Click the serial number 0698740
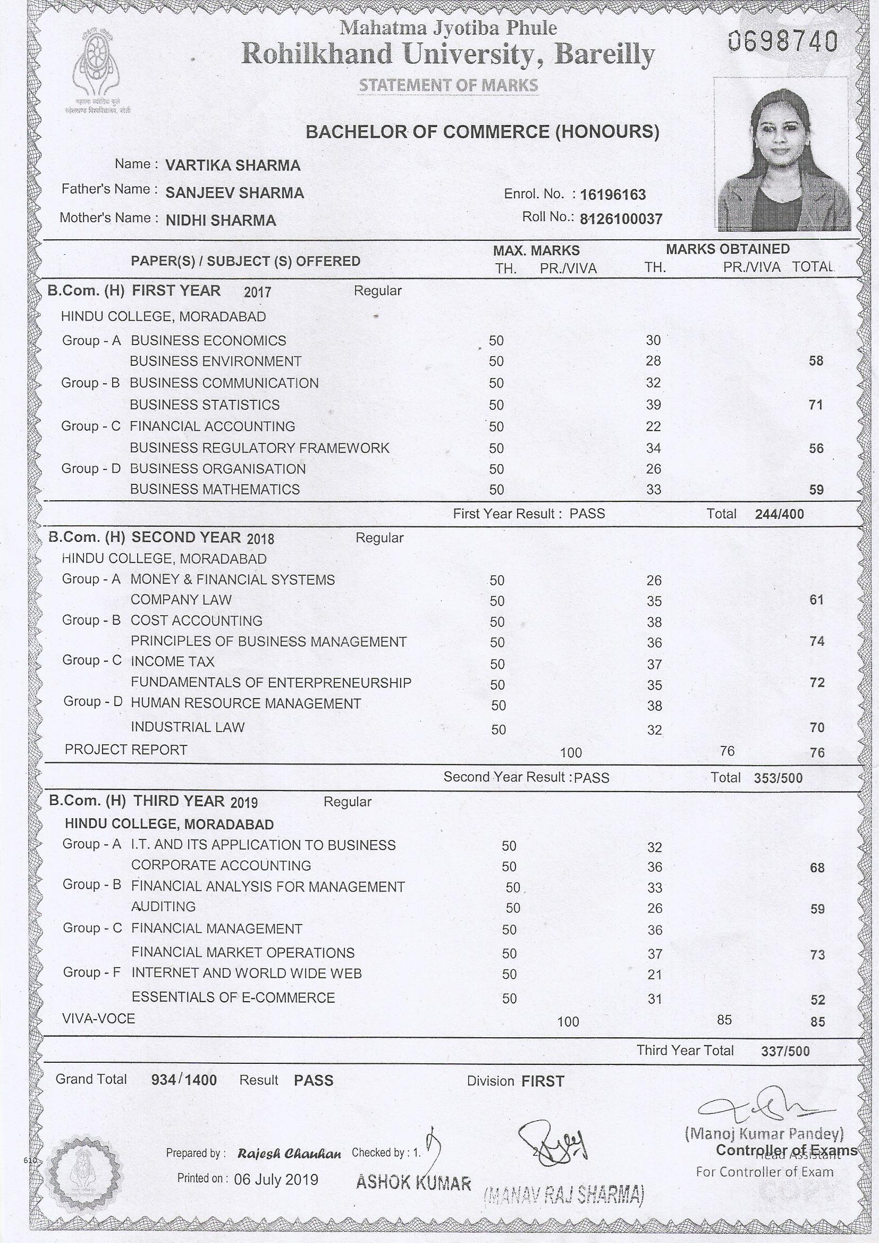point(783,41)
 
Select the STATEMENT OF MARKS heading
point(449,85)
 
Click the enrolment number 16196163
point(613,195)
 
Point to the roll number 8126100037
point(621,219)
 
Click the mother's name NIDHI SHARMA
point(221,220)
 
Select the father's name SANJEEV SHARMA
point(234,193)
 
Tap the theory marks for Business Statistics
point(653,405)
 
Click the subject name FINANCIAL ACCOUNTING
point(212,426)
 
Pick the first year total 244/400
point(779,514)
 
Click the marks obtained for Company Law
point(654,601)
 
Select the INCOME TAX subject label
point(173,661)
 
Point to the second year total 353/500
point(778,778)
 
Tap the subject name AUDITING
point(164,906)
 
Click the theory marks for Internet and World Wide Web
point(654,975)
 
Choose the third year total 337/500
point(785,1052)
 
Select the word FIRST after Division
point(543,1082)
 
